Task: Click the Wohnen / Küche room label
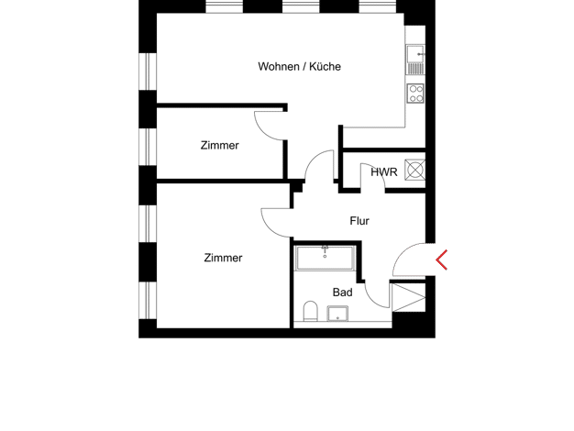click(300, 67)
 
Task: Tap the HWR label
click(384, 172)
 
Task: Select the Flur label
click(359, 221)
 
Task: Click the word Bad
click(343, 293)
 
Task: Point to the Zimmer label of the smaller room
click(220, 146)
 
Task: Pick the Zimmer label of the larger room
click(223, 258)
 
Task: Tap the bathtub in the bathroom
click(326, 259)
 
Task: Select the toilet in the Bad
click(311, 311)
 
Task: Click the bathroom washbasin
click(337, 314)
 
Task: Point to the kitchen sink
click(415, 60)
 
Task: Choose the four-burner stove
click(416, 93)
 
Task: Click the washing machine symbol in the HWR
click(415, 170)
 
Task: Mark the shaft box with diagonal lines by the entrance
click(409, 297)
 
